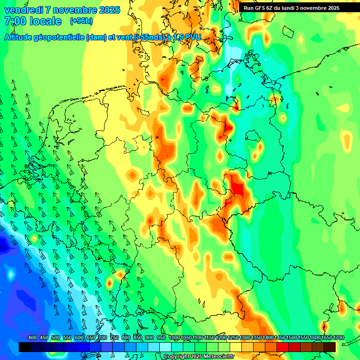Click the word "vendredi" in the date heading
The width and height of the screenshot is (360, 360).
23,10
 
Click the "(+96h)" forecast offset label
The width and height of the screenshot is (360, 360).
81,21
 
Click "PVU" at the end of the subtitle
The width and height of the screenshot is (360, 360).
191,37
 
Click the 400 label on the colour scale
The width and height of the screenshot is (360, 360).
32,337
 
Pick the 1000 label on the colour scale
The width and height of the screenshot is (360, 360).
174,337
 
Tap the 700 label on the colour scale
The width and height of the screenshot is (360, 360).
102,337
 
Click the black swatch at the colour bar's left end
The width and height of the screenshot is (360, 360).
25,347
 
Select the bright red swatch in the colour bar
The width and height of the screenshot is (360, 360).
283,347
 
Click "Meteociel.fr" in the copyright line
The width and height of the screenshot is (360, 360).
217,357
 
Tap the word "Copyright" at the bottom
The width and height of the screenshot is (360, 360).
176,357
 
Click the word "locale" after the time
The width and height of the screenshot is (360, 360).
45,21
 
